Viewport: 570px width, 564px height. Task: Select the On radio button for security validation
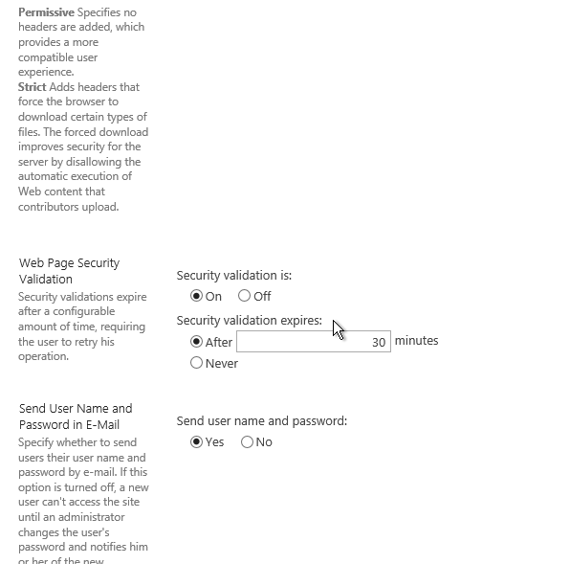tap(197, 296)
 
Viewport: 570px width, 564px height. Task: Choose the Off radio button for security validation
tap(245, 296)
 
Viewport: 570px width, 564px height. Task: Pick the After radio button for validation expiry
tap(197, 341)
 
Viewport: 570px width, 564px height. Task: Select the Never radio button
tap(197, 363)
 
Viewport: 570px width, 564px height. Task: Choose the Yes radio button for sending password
tap(197, 441)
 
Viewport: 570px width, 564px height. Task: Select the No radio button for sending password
tap(248, 441)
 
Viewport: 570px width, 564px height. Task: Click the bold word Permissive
tap(46, 11)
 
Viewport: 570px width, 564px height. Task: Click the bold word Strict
tap(33, 87)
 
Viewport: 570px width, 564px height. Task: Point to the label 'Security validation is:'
tap(234, 276)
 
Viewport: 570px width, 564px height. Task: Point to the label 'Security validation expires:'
tap(250, 321)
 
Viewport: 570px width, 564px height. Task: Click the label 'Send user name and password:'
tap(262, 421)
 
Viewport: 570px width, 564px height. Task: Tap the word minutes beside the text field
tap(416, 341)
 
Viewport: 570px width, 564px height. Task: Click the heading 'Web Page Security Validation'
tap(69, 271)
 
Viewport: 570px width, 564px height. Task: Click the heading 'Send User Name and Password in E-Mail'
tap(76, 417)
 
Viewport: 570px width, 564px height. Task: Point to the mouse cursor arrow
tap(338, 328)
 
